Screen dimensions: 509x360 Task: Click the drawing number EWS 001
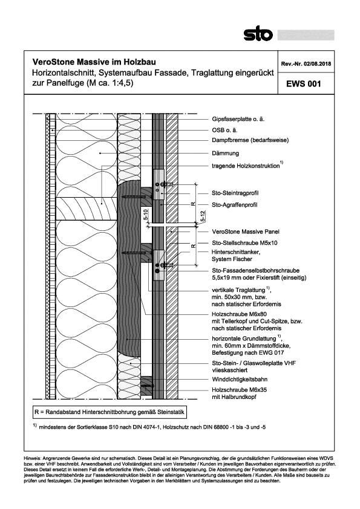[299, 85]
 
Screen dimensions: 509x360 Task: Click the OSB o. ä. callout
[224, 129]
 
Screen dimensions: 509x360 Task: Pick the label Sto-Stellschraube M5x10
[240, 242]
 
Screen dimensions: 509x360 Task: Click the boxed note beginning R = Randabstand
[109, 412]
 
